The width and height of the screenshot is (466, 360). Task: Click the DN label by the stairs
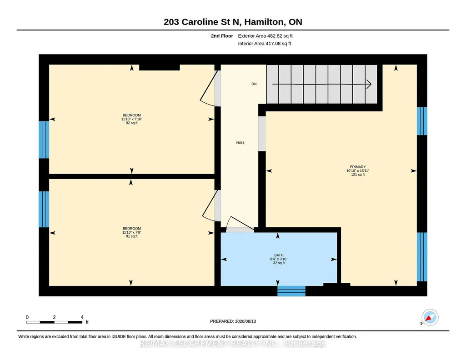254,84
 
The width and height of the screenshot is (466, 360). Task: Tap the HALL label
241,143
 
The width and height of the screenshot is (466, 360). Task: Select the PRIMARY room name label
357,167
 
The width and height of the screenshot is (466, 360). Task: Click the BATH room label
279,255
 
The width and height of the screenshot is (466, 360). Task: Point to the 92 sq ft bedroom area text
132,123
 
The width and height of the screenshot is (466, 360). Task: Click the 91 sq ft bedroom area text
132,236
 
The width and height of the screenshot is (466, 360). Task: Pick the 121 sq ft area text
357,175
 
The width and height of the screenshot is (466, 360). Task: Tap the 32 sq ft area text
279,263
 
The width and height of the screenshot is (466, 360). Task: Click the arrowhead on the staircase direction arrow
370,84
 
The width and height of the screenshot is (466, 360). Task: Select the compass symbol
430,318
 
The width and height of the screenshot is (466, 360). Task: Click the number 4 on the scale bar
82,317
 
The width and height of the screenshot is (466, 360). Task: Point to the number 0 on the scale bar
27,317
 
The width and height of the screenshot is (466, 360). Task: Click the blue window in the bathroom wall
291,291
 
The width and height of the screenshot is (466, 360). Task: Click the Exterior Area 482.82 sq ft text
266,36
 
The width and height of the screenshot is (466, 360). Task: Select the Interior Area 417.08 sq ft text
265,43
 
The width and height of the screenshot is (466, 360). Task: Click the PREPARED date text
233,321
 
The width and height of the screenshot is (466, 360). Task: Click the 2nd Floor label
222,36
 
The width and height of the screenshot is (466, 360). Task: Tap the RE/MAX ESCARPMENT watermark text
233,344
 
